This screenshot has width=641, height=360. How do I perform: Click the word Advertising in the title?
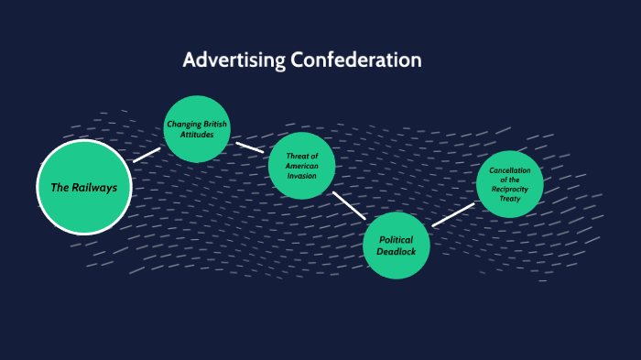click(234, 60)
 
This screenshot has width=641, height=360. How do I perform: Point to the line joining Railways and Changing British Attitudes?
click(147, 155)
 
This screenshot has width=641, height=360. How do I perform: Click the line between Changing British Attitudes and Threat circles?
click(249, 146)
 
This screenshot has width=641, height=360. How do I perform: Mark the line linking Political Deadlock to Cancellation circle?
click(453, 214)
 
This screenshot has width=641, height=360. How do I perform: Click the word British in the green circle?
click(214, 125)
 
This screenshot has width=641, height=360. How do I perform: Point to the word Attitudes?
click(197, 135)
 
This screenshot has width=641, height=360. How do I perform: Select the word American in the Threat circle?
click(301, 166)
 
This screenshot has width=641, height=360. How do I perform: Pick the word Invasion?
click(301, 176)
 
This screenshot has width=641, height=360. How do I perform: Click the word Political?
click(397, 239)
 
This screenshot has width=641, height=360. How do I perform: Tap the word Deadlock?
click(397, 251)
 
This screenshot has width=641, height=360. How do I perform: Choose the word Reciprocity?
click(510, 188)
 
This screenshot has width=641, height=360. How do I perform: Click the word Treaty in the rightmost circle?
click(510, 197)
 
